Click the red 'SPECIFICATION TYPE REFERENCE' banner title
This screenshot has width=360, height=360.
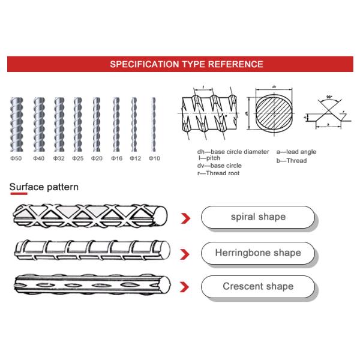(x=186, y=64)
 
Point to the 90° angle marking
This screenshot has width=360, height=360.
(x=329, y=97)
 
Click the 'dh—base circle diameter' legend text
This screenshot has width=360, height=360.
(x=233, y=152)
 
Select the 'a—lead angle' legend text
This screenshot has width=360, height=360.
(x=296, y=152)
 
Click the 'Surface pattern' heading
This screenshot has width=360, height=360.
(x=44, y=187)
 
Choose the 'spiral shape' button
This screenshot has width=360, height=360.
(x=258, y=217)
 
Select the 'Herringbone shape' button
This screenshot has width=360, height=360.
(x=258, y=253)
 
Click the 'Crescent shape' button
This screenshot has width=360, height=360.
(x=258, y=286)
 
